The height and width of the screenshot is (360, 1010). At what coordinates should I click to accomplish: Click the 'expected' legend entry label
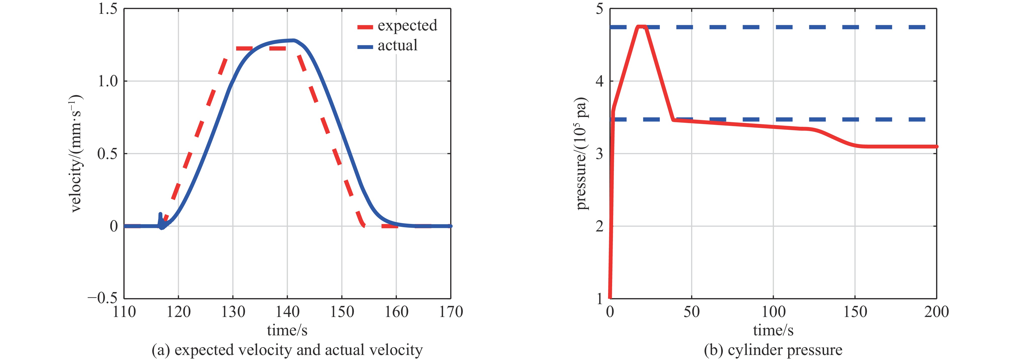click(407, 25)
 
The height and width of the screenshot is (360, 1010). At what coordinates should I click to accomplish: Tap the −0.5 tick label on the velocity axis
click(102, 298)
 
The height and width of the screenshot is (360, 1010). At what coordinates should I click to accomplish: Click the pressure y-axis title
click(581, 153)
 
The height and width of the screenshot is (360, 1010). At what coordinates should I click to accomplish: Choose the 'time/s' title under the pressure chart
click(773, 330)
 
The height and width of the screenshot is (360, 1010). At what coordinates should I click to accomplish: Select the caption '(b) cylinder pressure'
click(773, 350)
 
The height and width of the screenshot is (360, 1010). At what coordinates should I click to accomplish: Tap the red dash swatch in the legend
click(365, 27)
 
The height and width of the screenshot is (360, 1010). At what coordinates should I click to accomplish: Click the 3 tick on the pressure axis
click(599, 154)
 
